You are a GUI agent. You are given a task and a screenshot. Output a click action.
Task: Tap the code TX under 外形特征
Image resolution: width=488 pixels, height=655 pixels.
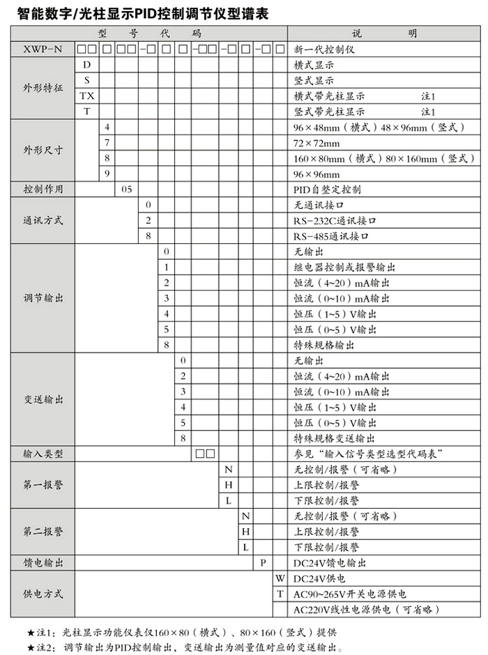point(86,95)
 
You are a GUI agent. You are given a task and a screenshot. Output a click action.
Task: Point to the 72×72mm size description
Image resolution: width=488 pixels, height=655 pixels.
point(317,143)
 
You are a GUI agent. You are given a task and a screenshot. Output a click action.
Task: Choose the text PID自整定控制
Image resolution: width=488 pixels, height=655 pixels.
point(327,190)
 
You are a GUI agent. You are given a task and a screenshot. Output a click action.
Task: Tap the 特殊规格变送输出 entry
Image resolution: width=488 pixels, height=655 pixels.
point(335,438)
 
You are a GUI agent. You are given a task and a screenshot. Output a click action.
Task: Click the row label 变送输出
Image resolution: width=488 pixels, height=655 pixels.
point(43,399)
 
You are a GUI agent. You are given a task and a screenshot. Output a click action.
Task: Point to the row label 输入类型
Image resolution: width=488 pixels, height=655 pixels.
point(43,454)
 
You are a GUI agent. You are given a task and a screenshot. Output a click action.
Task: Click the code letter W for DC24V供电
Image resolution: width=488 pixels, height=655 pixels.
point(280,578)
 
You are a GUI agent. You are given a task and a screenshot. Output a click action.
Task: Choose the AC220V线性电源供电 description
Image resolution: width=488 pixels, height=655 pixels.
point(363,610)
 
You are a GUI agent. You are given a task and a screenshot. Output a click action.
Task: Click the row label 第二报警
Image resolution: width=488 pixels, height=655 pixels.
point(43,531)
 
